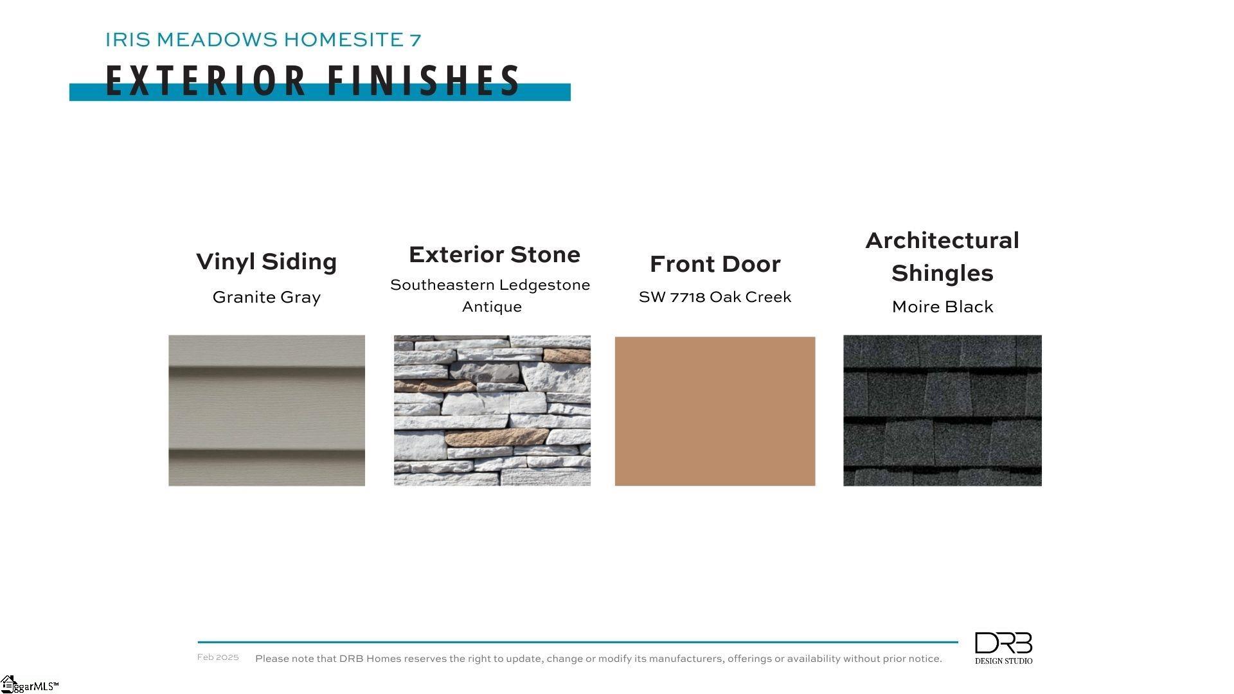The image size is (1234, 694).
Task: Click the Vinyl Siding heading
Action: (266, 262)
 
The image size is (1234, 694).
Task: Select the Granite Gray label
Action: (266, 298)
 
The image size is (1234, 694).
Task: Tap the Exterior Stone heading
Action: (494, 254)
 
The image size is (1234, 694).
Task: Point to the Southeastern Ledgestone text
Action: (490, 285)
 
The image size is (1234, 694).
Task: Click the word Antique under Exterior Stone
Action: (492, 307)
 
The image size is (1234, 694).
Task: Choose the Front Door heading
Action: (715, 264)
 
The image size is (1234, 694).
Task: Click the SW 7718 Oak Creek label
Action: (715, 297)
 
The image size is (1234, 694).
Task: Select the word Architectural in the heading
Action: (942, 240)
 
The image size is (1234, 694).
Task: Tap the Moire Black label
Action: (942, 307)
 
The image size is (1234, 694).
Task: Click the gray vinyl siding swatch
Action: (267, 410)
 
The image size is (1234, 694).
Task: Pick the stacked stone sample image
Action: (492, 410)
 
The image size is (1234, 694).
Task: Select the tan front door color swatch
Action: (715, 411)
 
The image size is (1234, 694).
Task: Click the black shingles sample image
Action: (942, 410)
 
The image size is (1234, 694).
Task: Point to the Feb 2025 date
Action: (218, 657)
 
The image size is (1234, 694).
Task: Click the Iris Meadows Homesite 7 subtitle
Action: (263, 40)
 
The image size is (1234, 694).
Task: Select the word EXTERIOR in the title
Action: (206, 81)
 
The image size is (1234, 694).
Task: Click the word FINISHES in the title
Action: (424, 81)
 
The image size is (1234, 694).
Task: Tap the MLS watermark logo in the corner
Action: (30, 684)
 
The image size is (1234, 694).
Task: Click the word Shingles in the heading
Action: (942, 274)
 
